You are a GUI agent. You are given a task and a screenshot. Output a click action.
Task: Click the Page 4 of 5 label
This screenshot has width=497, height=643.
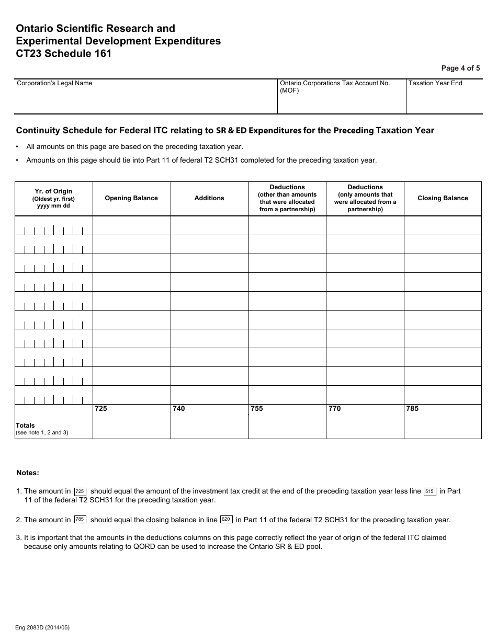point(460,68)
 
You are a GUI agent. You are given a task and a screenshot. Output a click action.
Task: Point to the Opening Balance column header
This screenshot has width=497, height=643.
point(131,198)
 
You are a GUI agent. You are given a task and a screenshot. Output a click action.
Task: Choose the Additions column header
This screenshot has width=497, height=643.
point(209,198)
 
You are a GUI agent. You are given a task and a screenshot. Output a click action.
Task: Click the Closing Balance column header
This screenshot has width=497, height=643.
point(443,198)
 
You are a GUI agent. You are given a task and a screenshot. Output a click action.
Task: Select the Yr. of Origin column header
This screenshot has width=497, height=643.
point(53,198)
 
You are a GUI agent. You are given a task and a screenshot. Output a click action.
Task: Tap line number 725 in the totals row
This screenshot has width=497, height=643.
point(101,409)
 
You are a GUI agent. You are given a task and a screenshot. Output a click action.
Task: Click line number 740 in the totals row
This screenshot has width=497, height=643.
point(179,409)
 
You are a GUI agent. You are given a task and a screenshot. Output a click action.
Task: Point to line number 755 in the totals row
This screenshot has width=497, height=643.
point(257,409)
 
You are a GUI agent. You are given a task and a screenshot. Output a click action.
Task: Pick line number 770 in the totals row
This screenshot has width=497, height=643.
point(335,409)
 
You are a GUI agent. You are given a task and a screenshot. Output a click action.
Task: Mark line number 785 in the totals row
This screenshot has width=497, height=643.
point(413,409)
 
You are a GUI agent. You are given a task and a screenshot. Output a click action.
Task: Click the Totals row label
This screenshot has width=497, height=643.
point(26,426)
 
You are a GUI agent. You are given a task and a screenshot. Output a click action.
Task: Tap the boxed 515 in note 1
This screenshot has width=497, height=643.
point(430,491)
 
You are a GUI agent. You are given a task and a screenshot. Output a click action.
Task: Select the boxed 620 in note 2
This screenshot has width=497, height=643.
point(226,520)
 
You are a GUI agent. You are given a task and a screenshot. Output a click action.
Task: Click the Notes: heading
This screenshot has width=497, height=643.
point(28,473)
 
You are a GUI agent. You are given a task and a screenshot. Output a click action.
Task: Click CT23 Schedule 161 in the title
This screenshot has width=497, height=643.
point(64,53)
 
